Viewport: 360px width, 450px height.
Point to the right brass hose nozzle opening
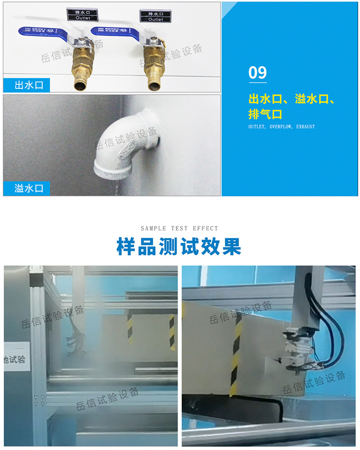click(x=154, y=86)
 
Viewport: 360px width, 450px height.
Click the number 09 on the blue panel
click(x=257, y=73)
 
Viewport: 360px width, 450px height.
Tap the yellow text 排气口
click(x=265, y=114)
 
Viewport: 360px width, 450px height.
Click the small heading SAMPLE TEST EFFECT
click(x=180, y=229)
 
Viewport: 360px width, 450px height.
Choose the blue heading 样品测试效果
click(x=179, y=246)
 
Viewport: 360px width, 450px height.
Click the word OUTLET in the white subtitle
click(x=257, y=127)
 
